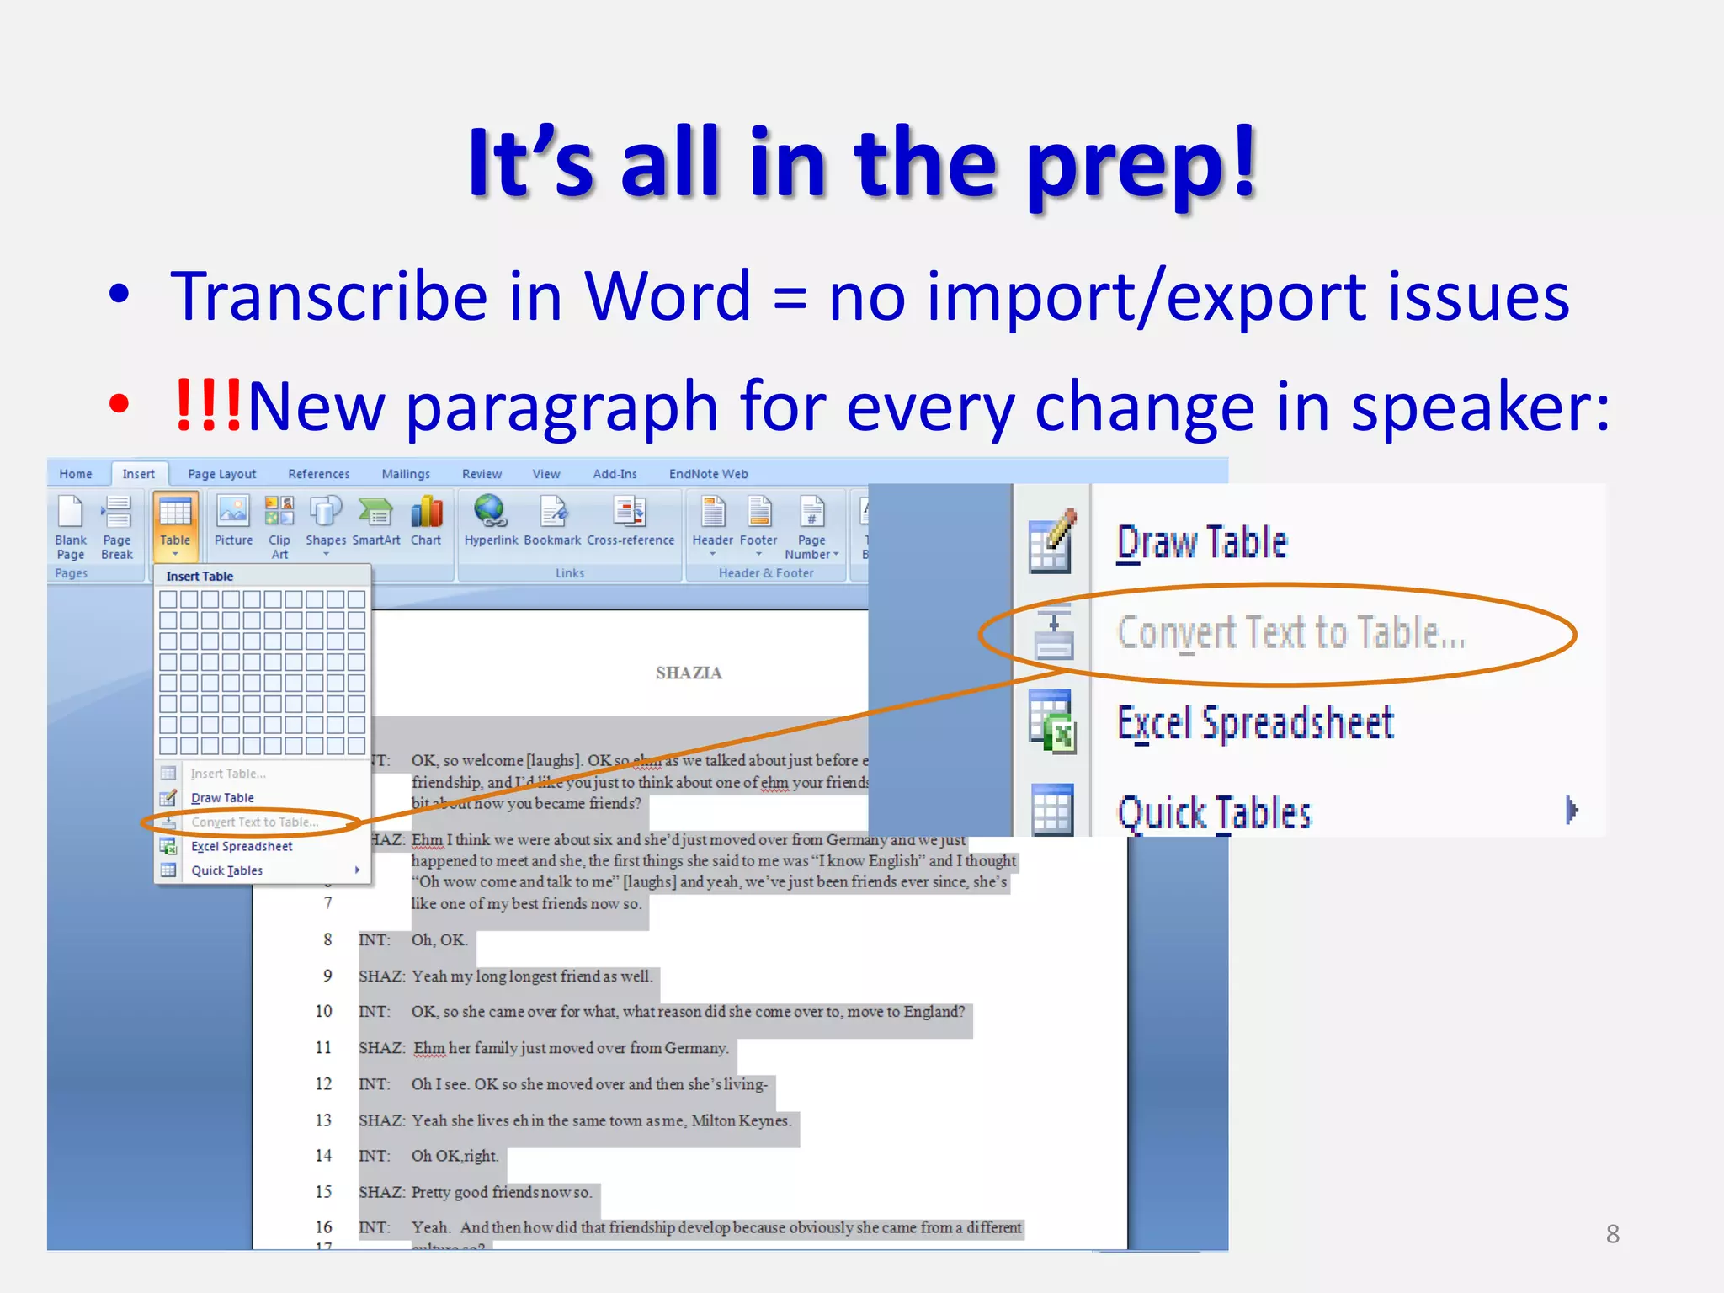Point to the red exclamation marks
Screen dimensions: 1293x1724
pos(207,406)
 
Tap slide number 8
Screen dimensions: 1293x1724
pos(1612,1234)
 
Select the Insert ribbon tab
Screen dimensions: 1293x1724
pos(138,474)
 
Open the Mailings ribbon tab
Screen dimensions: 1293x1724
pos(405,474)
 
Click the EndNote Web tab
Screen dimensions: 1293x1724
pos(708,474)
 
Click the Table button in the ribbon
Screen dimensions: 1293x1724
pos(175,522)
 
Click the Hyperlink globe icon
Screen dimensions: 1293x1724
pos(490,511)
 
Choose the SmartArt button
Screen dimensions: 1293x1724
pos(375,522)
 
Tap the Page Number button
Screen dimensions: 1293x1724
pos(811,526)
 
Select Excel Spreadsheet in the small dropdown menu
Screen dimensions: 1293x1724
pos(242,846)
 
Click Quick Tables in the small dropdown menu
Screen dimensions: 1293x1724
pos(226,870)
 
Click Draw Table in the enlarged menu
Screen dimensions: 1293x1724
pos(1201,543)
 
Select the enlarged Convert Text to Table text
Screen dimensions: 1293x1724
pos(1290,633)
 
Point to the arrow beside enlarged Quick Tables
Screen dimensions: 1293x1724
pos(1571,811)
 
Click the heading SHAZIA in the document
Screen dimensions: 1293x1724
pos(689,673)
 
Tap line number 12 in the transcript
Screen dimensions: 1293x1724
pos(323,1084)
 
